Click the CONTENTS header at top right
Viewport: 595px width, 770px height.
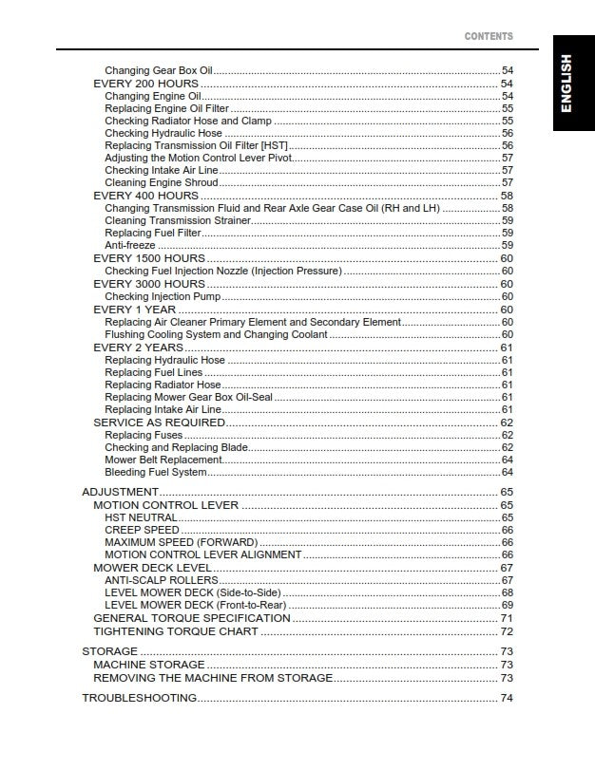pyautogui.click(x=489, y=36)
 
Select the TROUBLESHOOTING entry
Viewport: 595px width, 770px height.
pyautogui.click(x=140, y=698)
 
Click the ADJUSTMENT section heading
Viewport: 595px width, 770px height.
pyautogui.click(x=120, y=492)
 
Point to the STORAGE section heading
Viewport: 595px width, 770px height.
pyautogui.click(x=110, y=651)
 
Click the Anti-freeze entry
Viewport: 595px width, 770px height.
pyautogui.click(x=130, y=246)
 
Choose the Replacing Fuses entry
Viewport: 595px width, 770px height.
pyautogui.click(x=144, y=435)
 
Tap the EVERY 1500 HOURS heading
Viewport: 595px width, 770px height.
pyautogui.click(x=149, y=258)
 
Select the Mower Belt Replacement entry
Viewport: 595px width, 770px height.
pyautogui.click(x=163, y=460)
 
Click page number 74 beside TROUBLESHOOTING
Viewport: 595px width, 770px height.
pyautogui.click(x=507, y=698)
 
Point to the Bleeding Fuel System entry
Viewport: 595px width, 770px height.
pyautogui.click(x=155, y=472)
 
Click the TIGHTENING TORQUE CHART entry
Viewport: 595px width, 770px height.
pyautogui.click(x=176, y=631)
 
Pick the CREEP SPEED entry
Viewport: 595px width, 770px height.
pyautogui.click(x=142, y=530)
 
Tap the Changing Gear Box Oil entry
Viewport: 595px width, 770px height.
pyautogui.click(x=159, y=71)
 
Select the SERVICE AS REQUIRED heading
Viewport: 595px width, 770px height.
pyautogui.click(x=159, y=423)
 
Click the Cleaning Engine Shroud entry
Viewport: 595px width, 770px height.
pyautogui.click(x=162, y=182)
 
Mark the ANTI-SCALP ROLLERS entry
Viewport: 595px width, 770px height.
pyautogui.click(x=162, y=580)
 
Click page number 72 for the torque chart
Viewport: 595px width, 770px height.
pyautogui.click(x=507, y=631)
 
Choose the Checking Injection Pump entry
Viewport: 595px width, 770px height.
pyautogui.click(x=162, y=296)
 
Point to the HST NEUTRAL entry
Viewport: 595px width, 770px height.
pyautogui.click(x=141, y=517)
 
